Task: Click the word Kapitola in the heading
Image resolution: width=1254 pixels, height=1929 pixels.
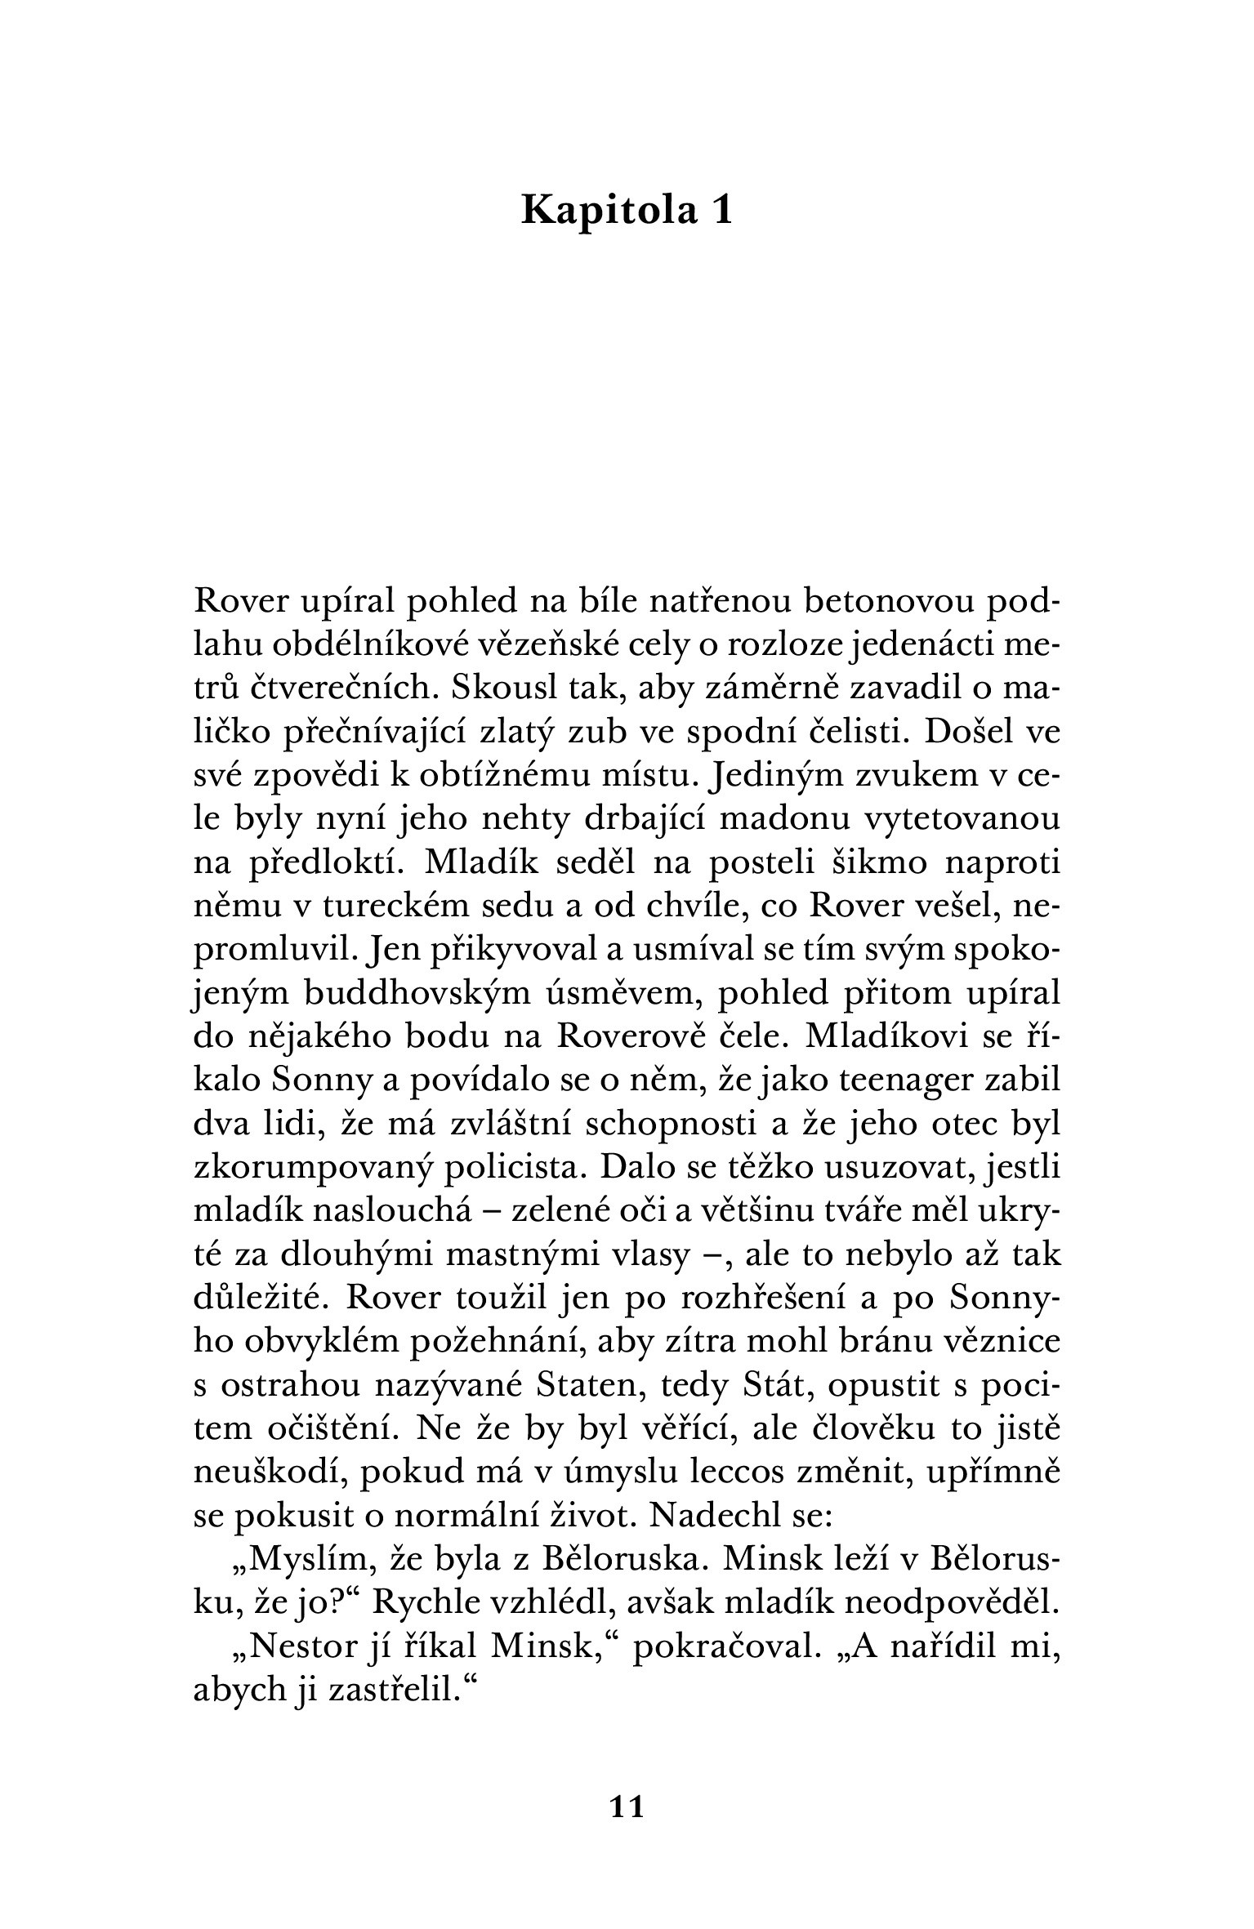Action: click(x=609, y=211)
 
